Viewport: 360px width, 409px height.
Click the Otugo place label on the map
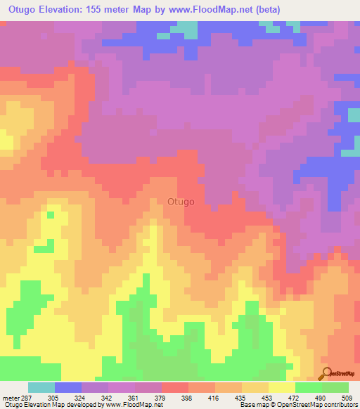(181, 202)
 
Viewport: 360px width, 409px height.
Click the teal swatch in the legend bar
(41, 387)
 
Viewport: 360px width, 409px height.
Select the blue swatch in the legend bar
(67, 387)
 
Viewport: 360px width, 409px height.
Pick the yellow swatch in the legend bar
(281, 387)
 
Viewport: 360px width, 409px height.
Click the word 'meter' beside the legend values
(9, 396)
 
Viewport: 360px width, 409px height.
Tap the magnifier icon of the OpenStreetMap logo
(326, 372)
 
